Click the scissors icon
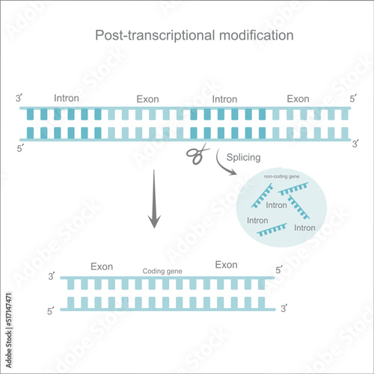pos(196,156)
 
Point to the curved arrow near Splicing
pos(224,165)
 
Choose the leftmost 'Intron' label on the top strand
pos(67,97)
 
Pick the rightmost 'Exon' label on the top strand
pos(298,98)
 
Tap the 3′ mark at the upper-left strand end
pos(18,99)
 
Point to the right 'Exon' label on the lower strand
pos(226,265)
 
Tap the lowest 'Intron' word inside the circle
pos(304,227)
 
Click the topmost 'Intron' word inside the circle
pos(277,204)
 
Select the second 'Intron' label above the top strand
pos(225,98)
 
